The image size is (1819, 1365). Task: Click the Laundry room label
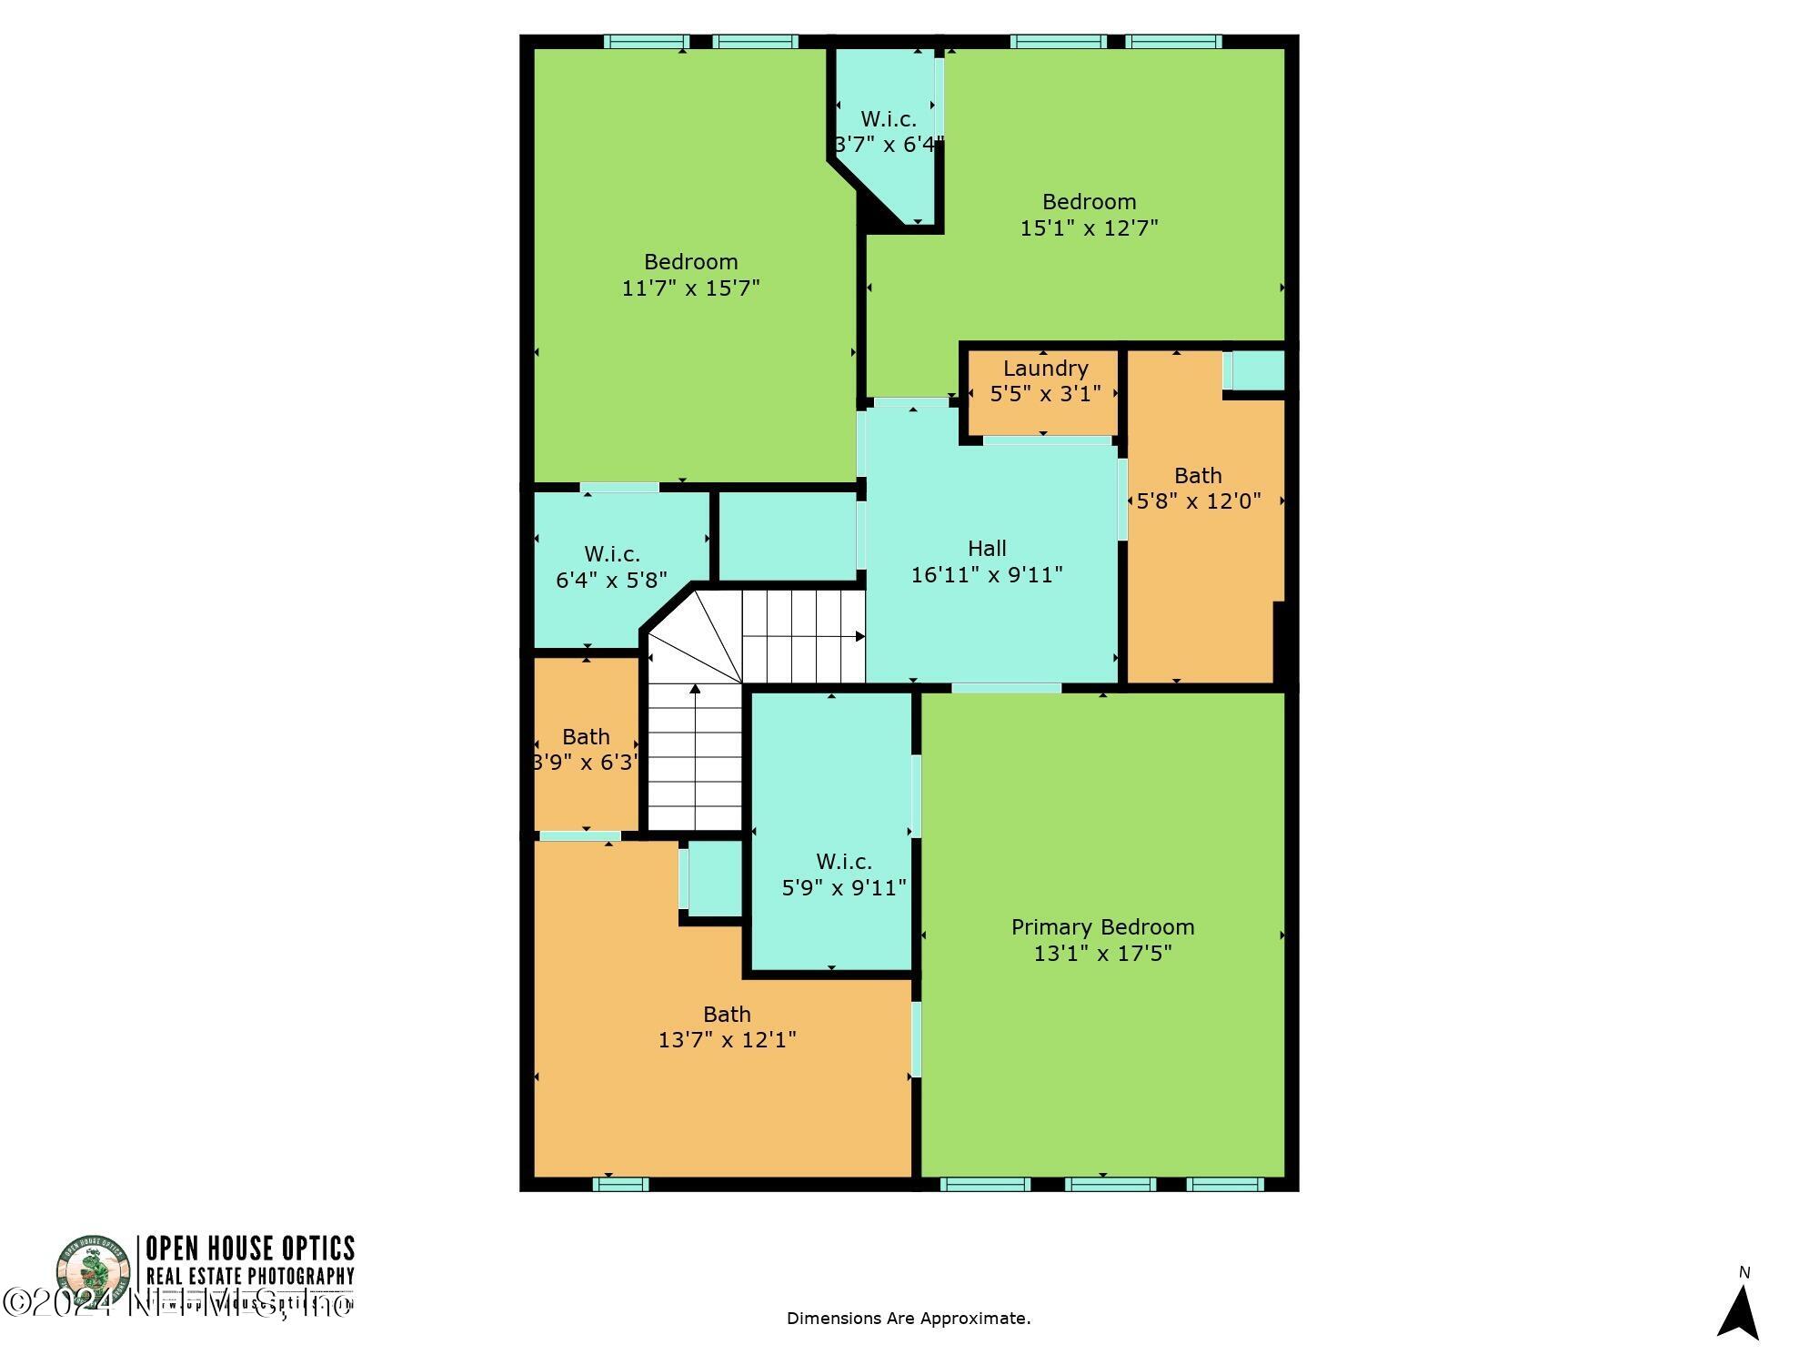coord(1045,369)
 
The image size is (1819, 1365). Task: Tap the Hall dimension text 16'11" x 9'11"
coord(987,575)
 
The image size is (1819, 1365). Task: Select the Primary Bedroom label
coord(1102,927)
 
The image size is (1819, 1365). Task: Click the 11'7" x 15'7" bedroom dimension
coord(690,288)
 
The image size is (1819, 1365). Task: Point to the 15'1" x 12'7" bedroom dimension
coord(1089,227)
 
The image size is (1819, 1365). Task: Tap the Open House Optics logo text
coord(250,1248)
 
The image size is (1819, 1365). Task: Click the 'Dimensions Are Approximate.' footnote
coord(908,1319)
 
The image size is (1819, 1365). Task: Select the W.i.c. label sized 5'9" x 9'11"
coord(843,861)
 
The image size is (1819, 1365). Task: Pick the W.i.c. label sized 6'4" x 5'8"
coord(611,553)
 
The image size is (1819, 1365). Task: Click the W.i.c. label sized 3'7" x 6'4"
coord(888,119)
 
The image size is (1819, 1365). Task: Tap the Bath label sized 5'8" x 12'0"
coord(1197,476)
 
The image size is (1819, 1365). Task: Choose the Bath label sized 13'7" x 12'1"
coord(727,1014)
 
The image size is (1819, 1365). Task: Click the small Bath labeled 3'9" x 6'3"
coord(586,737)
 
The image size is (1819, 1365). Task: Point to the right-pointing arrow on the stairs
coord(859,636)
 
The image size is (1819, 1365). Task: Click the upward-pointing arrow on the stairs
coord(695,690)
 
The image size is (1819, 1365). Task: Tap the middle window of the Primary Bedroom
coord(1110,1184)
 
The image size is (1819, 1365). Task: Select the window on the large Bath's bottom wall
coord(620,1184)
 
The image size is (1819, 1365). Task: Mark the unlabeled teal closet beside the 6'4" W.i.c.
coord(787,535)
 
